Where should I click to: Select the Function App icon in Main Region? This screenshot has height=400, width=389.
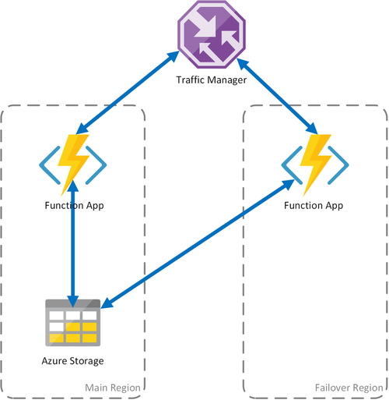click(x=73, y=165)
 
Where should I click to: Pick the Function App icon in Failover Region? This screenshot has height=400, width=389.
click(x=316, y=165)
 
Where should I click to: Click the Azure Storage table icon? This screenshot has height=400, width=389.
click(x=73, y=323)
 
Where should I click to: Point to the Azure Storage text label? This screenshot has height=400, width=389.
click(x=73, y=360)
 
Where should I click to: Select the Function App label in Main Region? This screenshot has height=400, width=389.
click(x=73, y=205)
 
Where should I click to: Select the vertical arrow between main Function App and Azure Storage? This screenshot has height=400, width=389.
click(x=73, y=242)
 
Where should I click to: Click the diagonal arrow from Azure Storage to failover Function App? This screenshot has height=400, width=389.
click(x=198, y=242)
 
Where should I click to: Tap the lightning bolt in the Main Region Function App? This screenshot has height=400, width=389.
click(x=75, y=163)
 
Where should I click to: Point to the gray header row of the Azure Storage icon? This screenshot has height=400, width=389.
click(x=73, y=304)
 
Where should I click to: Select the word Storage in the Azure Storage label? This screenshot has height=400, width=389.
click(x=86, y=360)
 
